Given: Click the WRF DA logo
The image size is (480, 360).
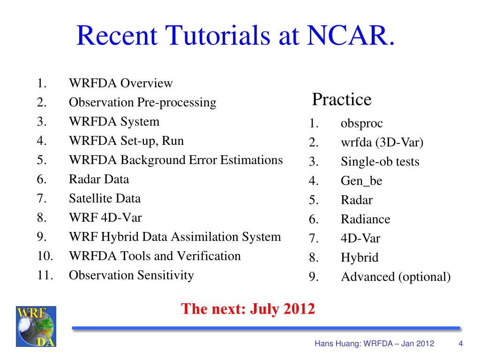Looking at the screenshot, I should coord(36,326).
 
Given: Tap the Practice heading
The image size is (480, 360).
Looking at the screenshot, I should coord(342,99).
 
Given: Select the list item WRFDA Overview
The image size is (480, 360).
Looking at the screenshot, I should coord(121,83).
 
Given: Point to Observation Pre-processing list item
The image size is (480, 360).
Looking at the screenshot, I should coord(142,102).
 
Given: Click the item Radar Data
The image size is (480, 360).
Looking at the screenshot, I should coord(99,179).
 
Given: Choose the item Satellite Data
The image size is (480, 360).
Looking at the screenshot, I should coord(105,198).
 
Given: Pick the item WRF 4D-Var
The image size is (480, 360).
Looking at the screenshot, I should coord(105,217).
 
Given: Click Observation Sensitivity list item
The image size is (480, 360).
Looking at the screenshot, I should coord(131,275).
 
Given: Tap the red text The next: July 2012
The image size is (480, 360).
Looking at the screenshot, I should coord(248,308).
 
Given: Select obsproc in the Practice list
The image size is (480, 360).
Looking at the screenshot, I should coord(361,124).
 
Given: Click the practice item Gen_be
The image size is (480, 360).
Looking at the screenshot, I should coord(361,181).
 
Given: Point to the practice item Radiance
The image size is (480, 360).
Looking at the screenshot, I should coord(365,219).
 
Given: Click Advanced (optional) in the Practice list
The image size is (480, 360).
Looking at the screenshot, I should coord(396,277).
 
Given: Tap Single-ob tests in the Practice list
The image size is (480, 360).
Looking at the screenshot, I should coord(380,162).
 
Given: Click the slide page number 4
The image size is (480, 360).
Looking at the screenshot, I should coord(461,344).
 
